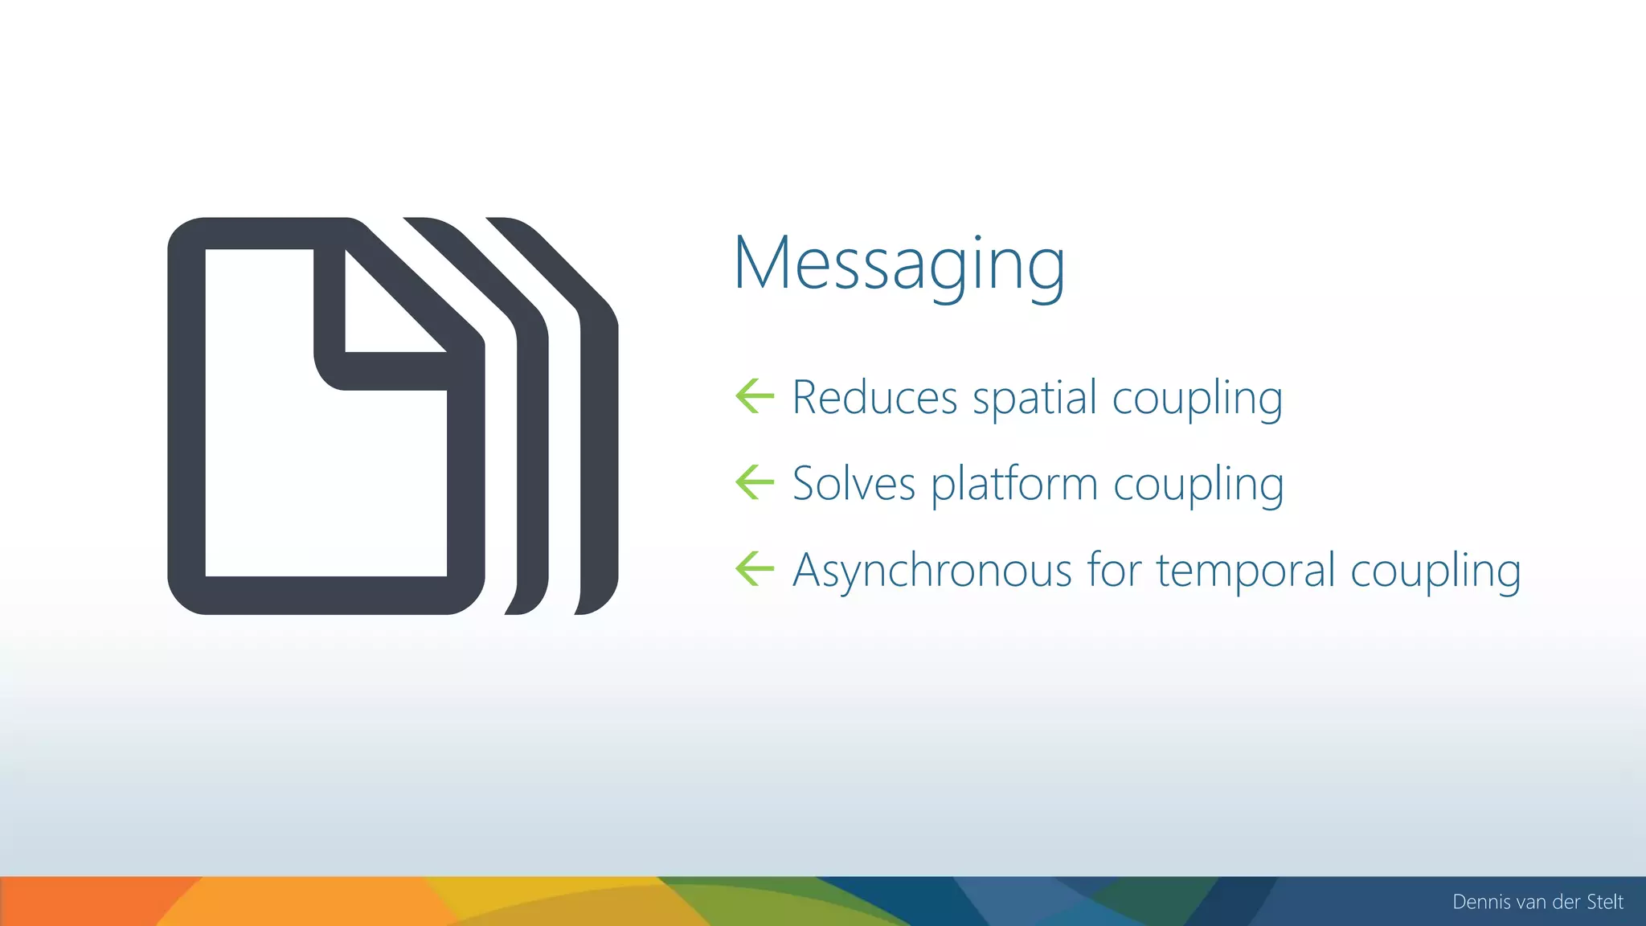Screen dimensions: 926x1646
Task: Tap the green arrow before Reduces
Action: coord(755,396)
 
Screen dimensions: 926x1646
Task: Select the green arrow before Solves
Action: coord(755,482)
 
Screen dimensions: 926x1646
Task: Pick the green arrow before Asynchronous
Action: coord(755,569)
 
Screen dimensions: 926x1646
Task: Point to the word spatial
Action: coord(1034,399)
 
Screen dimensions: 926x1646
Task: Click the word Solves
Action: coord(854,484)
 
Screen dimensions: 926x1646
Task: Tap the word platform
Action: coord(1014,486)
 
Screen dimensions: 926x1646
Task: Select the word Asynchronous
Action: coord(932,571)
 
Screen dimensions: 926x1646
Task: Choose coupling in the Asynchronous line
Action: coord(1435,572)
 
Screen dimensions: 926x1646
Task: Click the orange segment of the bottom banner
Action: coord(80,901)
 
